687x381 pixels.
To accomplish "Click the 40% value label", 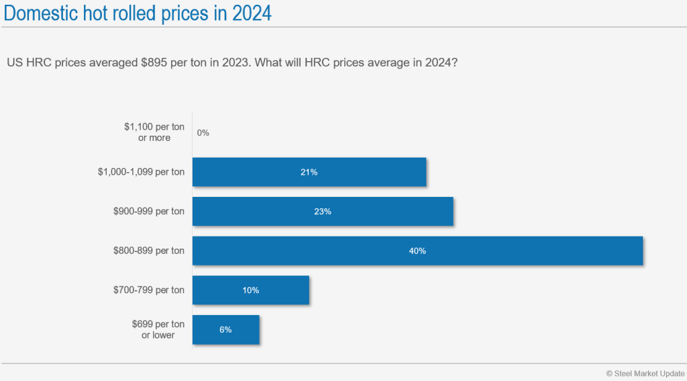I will [418, 251].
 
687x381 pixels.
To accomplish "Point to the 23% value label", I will [323, 212].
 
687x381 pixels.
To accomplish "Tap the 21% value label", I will [309, 172].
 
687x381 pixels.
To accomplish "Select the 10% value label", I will [251, 290].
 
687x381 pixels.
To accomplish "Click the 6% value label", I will [225, 330].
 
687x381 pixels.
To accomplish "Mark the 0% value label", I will [203, 133].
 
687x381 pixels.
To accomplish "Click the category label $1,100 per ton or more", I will [154, 132].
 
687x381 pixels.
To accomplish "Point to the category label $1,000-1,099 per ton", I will [141, 172].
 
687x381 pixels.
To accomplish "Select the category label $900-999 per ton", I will [149, 212].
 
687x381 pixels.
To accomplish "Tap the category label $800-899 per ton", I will [149, 251].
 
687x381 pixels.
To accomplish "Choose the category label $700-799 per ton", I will [149, 290].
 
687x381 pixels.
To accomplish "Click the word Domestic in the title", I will [44, 13].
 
